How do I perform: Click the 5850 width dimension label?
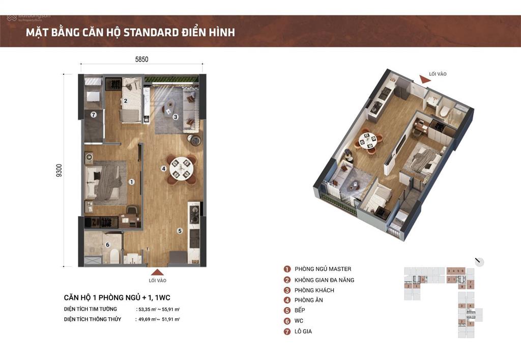coord(141,59)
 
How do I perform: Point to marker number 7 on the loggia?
coord(94,115)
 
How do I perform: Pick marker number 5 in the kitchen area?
coord(180,231)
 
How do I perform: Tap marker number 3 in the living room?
coord(175,117)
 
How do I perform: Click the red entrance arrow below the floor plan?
coord(158,272)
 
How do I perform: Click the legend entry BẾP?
coord(300,310)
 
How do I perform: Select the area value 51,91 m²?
coord(171,319)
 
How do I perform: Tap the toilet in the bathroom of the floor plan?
coord(114,256)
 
